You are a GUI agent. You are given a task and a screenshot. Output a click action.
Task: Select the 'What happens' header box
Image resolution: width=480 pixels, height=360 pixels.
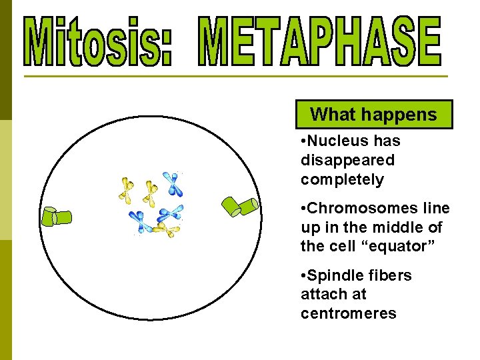[x=373, y=114]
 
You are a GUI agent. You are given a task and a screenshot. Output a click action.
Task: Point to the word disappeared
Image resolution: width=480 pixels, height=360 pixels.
[x=347, y=160]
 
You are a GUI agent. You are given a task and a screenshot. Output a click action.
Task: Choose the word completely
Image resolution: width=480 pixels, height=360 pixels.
[x=342, y=179]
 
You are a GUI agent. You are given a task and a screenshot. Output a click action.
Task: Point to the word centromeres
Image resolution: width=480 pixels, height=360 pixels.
[x=348, y=313]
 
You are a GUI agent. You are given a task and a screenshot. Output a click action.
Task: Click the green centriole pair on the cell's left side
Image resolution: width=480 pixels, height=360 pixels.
[x=57, y=217]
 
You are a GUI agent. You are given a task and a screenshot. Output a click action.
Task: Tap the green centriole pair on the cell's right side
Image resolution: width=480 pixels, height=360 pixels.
[x=239, y=206]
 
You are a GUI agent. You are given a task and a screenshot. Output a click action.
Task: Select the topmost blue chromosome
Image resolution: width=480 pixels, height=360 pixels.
[x=174, y=185]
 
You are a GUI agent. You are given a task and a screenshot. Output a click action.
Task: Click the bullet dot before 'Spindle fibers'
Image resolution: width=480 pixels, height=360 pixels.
[x=304, y=275]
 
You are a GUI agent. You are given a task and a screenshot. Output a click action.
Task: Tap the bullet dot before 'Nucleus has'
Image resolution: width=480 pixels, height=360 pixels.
[x=304, y=141]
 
